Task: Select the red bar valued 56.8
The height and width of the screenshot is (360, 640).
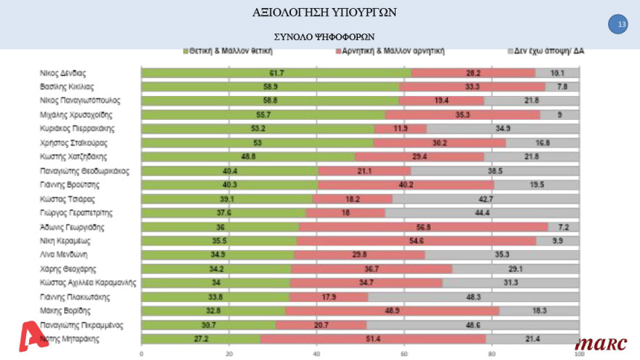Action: [423, 227]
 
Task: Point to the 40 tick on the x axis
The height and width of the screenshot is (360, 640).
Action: [316, 354]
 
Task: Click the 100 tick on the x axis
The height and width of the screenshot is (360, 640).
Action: [579, 354]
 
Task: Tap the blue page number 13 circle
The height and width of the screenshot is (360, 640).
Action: [621, 25]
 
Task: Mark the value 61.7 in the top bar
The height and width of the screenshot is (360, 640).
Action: [276, 73]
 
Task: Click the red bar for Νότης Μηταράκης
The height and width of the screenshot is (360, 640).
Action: [373, 338]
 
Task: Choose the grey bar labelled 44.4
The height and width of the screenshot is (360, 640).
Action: [482, 212]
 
